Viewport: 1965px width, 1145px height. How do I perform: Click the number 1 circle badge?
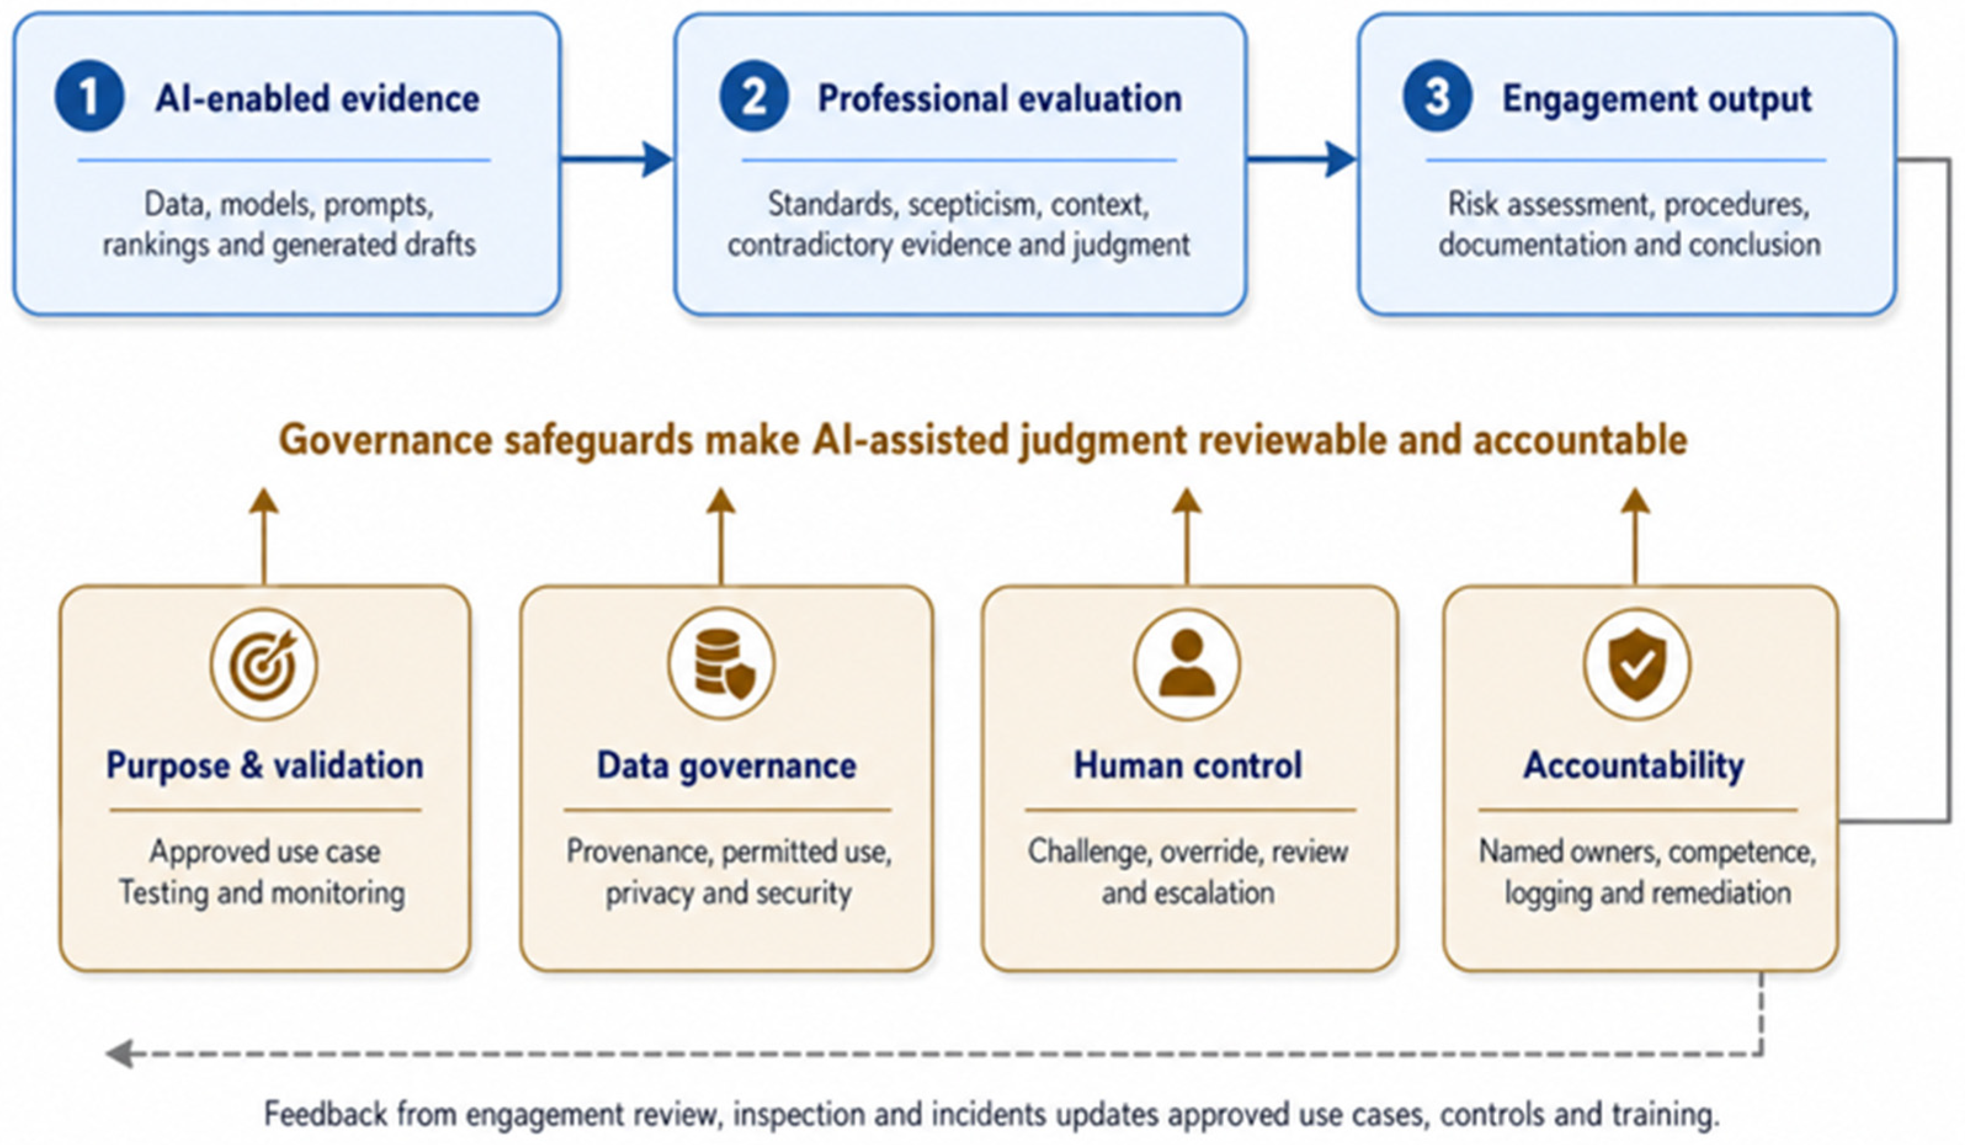(89, 96)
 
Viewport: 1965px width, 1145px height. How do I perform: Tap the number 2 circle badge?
(753, 96)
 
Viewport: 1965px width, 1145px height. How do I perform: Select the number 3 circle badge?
(1437, 96)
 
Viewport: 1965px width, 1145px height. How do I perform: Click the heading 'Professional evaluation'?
(1000, 98)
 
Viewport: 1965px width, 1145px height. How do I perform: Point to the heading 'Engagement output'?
(1657, 99)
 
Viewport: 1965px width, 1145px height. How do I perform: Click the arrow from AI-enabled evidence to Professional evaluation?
(616, 159)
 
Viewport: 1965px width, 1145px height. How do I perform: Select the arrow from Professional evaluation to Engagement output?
(1301, 159)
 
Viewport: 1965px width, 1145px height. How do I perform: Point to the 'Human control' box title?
(1187, 765)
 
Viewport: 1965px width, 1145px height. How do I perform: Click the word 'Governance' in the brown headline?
(385, 440)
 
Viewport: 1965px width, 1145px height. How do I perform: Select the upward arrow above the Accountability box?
(1635, 537)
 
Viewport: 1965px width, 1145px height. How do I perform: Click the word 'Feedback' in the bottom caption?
(325, 1113)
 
